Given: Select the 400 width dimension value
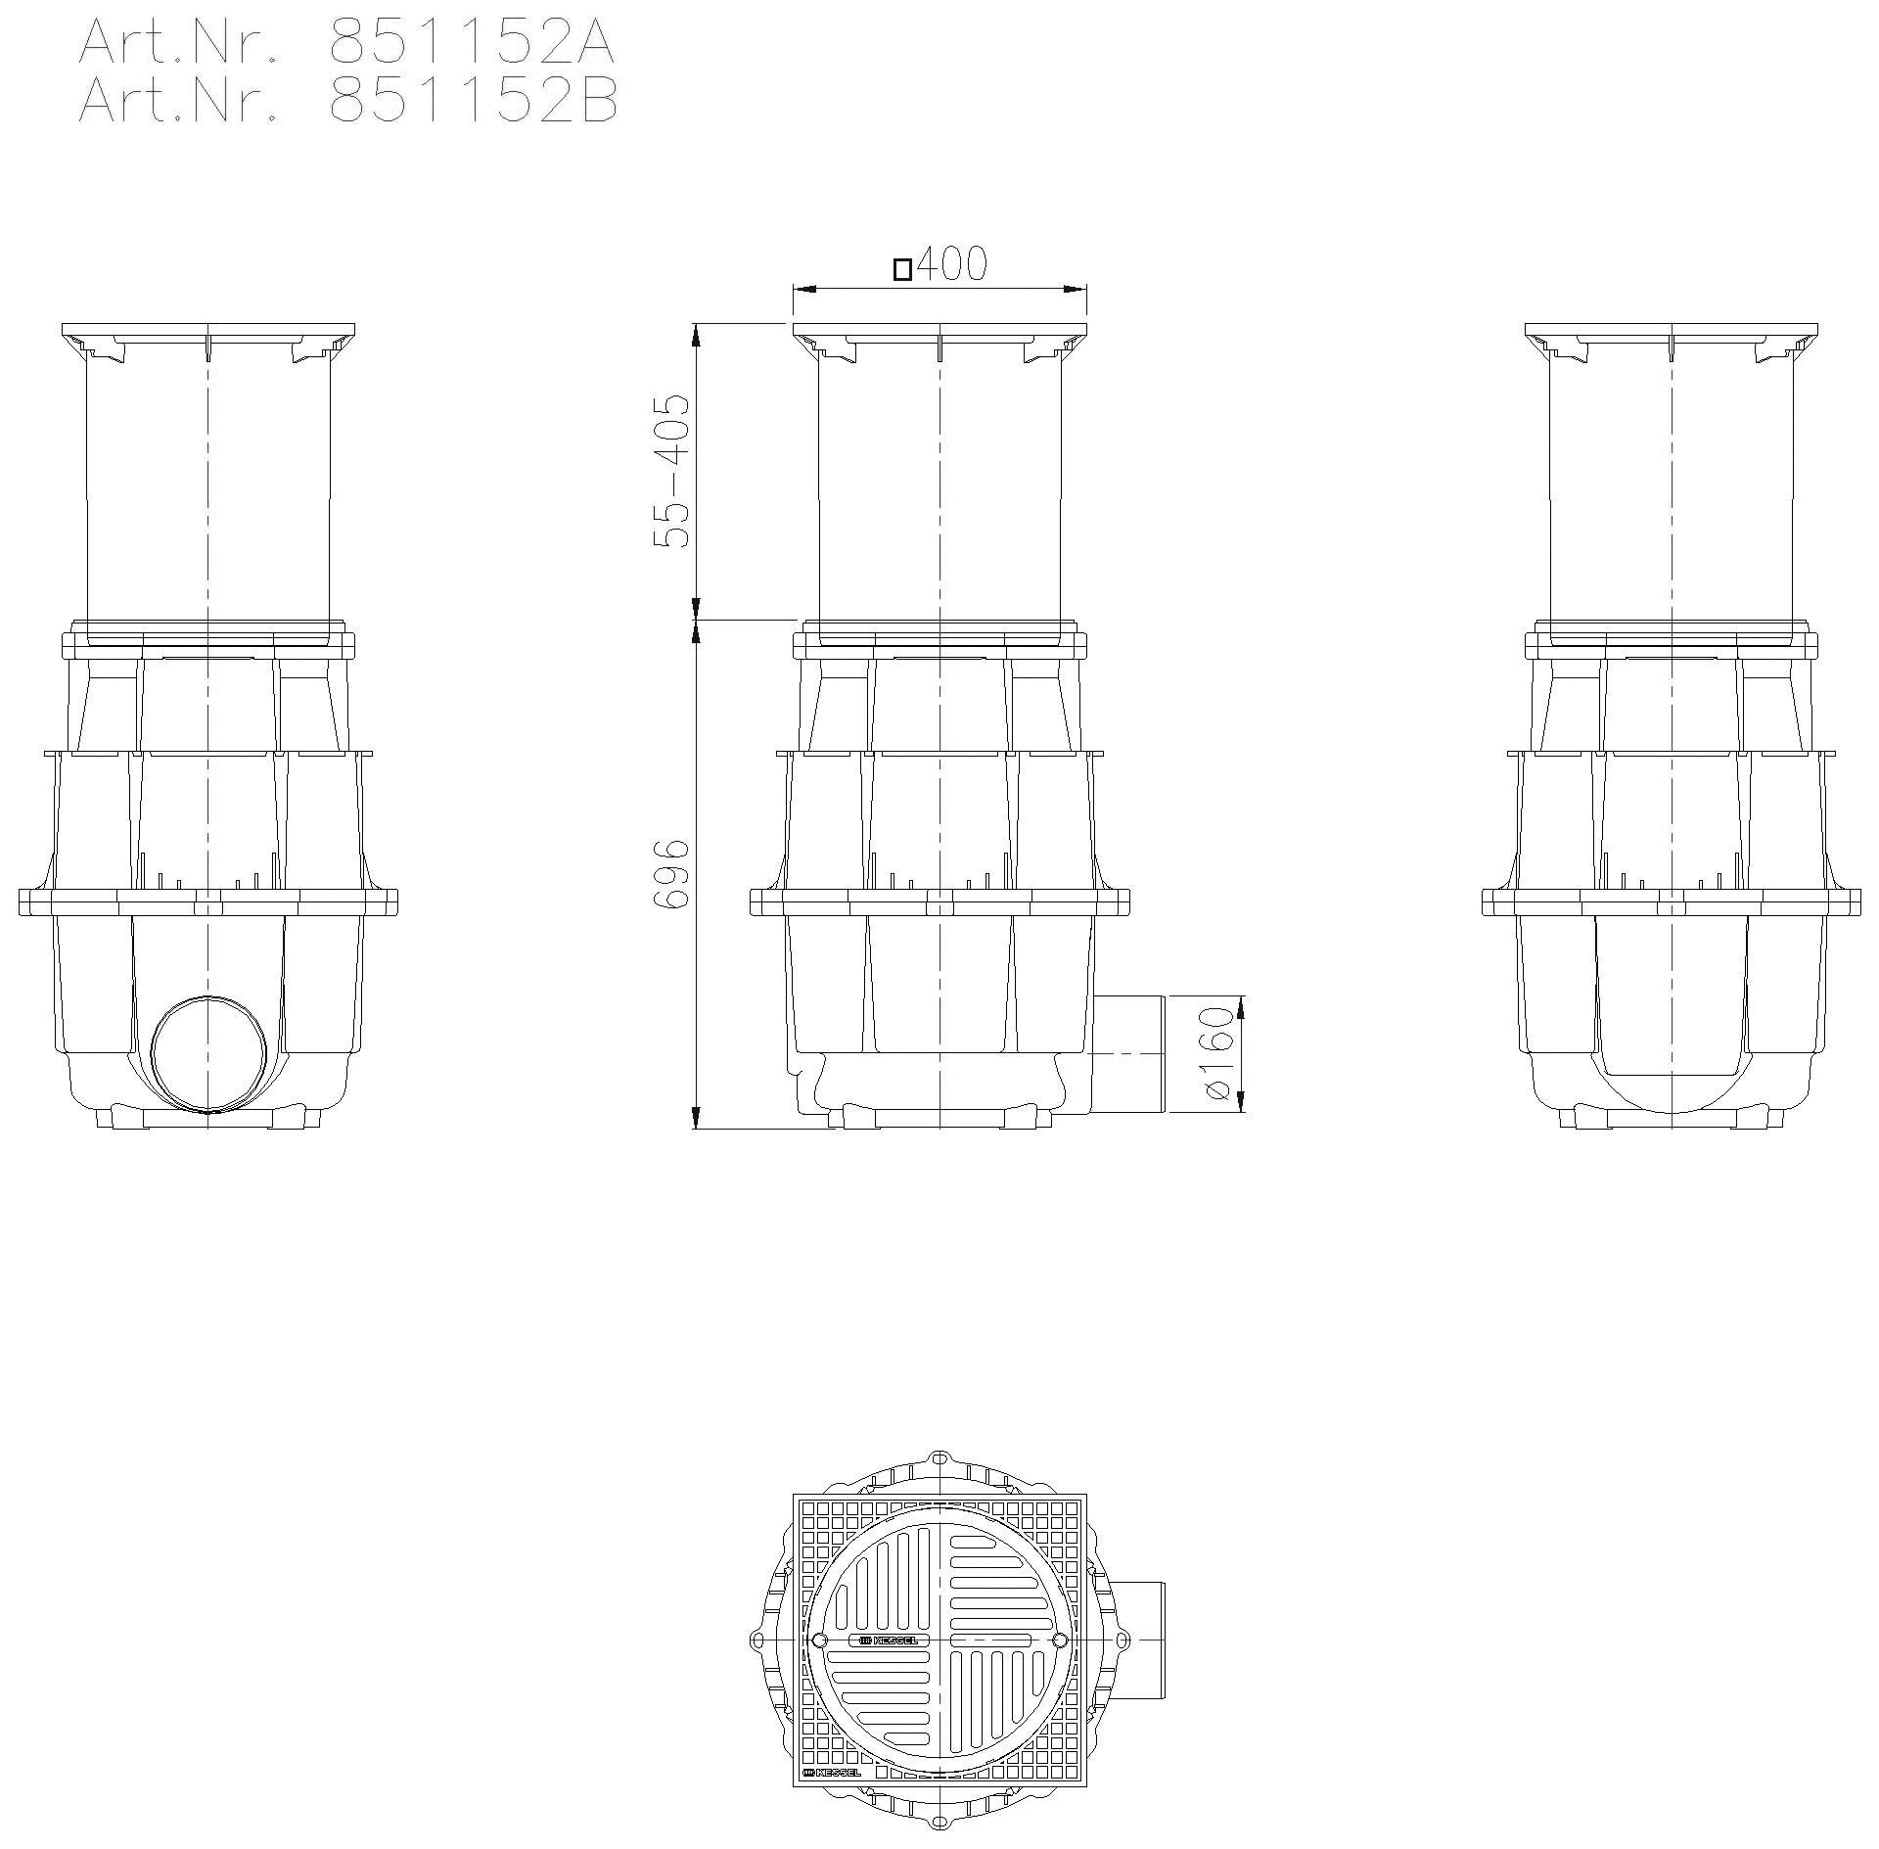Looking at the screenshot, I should tap(951, 264).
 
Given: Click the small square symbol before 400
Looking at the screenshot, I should tap(902, 269).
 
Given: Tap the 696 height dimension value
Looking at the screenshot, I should tap(672, 873).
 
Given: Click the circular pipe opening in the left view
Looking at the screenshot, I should tap(208, 1054).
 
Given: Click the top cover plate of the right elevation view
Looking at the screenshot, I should tap(1671, 330).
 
